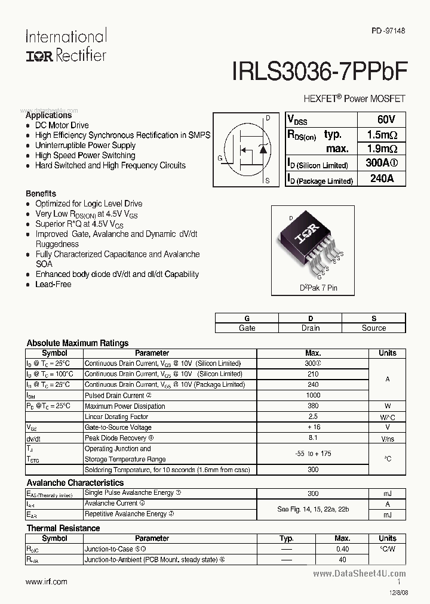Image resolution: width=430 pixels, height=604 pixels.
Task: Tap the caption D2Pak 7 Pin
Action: pos(318,288)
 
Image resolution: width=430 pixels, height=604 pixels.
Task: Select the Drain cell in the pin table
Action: pos(310,328)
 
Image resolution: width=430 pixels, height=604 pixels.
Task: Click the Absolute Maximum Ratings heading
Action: pos(78,343)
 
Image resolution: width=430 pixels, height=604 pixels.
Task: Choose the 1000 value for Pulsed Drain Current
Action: pos(313,395)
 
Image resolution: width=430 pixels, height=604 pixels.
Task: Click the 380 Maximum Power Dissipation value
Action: pos(313,406)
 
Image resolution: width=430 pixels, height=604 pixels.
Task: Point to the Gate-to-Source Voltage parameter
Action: pos(118,427)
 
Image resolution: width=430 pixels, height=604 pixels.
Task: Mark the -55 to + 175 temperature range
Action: pos(313,454)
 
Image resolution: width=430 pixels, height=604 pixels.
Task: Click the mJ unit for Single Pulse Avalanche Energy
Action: pos(387,493)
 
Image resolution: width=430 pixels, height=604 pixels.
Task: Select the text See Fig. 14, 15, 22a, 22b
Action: pos(313,509)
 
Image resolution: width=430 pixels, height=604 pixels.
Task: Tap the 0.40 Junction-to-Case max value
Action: pos(342,549)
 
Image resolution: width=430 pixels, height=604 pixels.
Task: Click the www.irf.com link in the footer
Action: pos(47,581)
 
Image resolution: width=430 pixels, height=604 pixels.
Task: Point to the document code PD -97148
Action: pos(388,30)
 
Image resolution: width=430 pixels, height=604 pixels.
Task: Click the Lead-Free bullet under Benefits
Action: pos(53,285)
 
